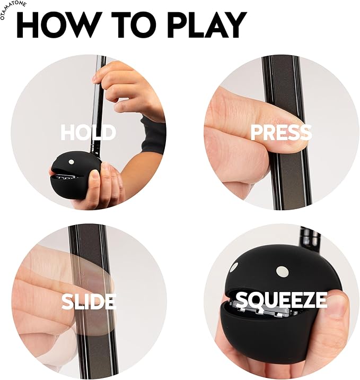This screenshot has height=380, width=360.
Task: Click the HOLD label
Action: (88, 132)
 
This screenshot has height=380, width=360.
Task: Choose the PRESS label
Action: (281, 132)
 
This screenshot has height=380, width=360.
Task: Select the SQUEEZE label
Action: (282, 300)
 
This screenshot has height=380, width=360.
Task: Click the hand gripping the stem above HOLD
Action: (122, 85)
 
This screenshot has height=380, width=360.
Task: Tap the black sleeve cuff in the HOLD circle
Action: (154, 135)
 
